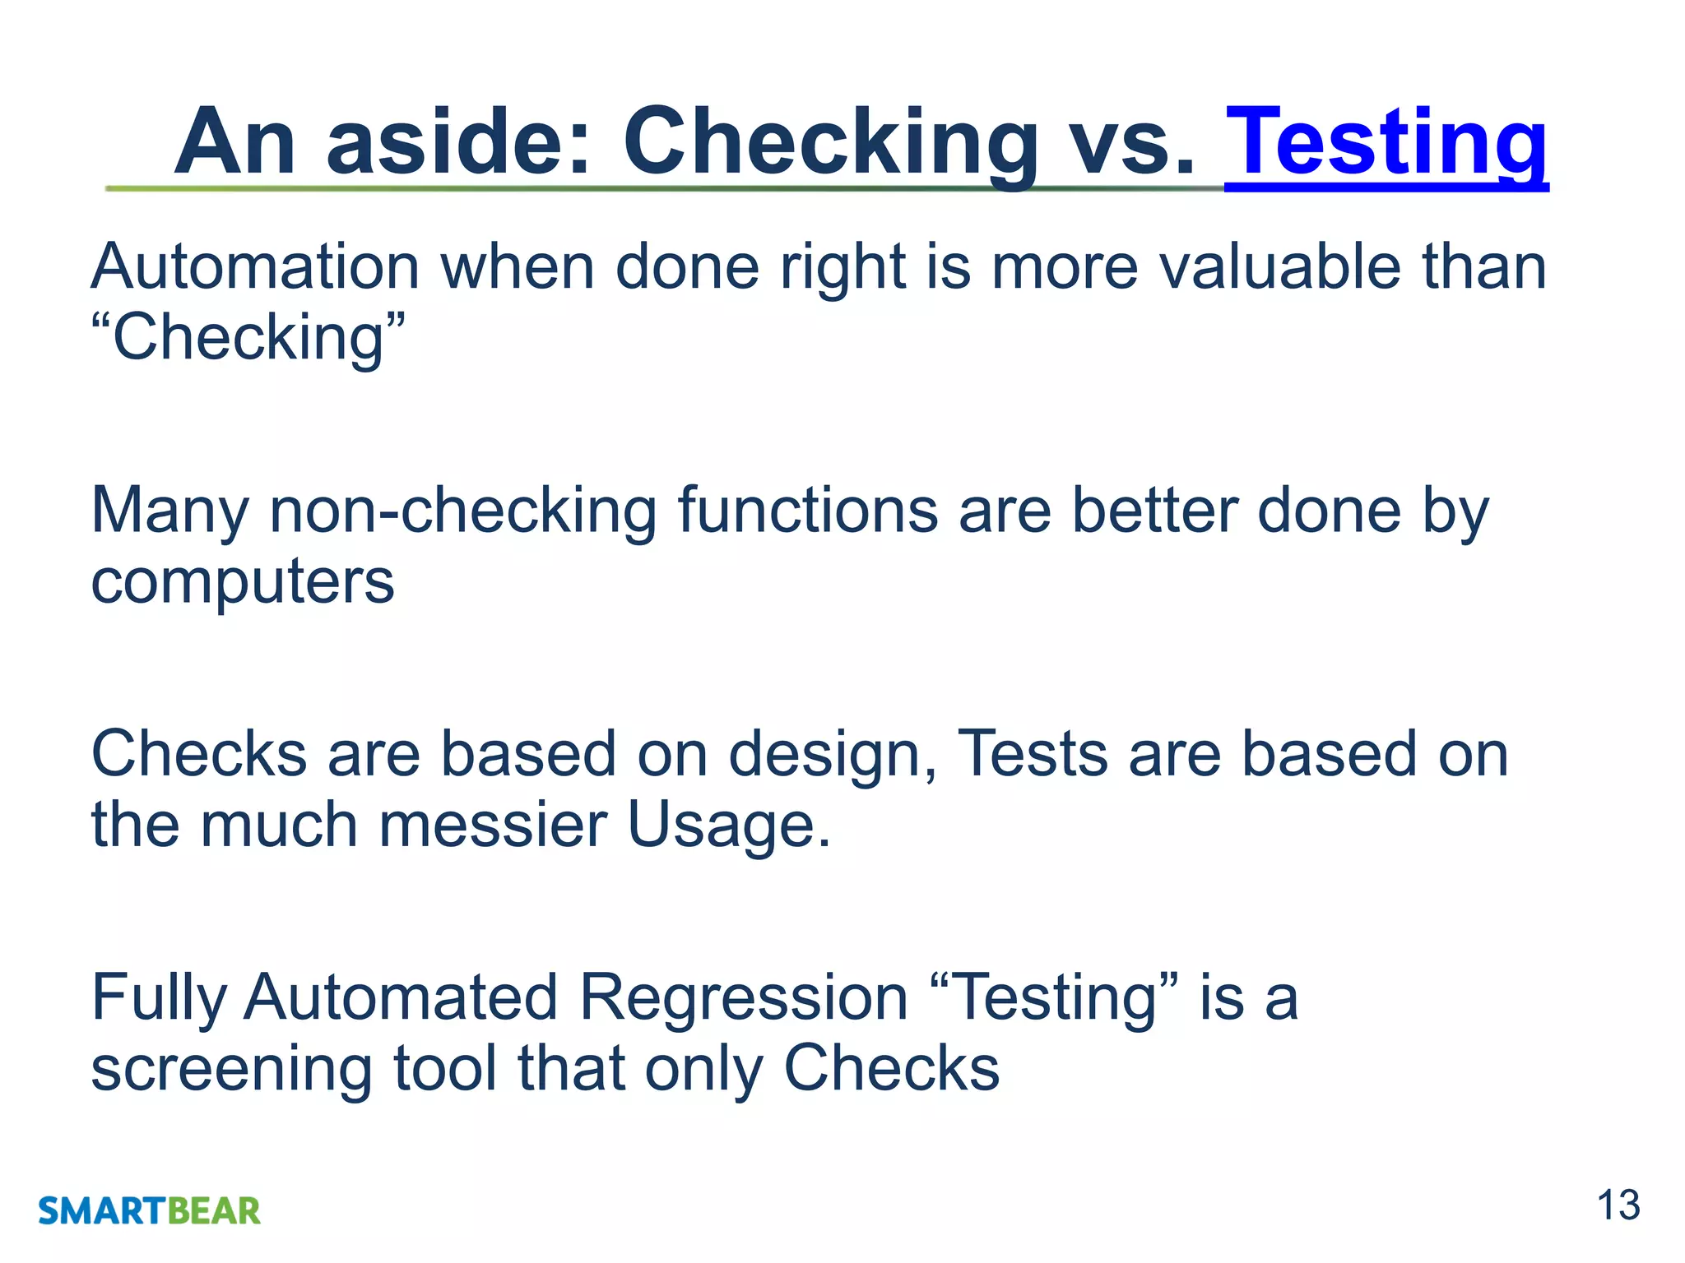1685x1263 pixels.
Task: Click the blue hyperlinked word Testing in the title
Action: [1386, 144]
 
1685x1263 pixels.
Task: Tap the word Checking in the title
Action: [831, 144]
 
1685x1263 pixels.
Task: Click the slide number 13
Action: [1618, 1205]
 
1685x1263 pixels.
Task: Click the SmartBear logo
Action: [149, 1211]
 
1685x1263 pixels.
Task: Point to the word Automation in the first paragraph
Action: [255, 267]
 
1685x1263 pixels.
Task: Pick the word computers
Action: [243, 582]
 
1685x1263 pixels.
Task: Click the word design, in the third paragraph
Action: [832, 755]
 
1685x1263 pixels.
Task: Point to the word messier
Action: [493, 825]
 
